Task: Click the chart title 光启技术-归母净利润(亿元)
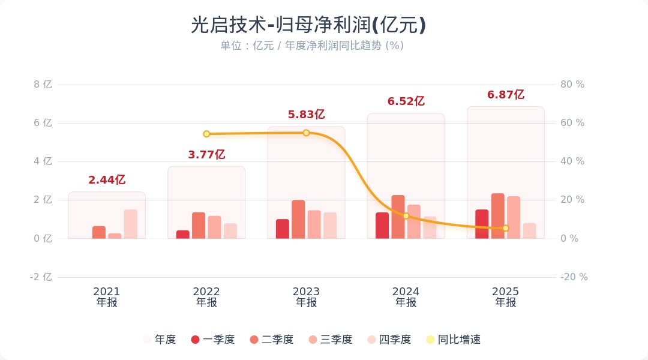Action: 308,25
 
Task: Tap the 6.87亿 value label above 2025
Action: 506,95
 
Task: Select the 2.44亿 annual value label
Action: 107,180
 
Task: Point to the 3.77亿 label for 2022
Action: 206,155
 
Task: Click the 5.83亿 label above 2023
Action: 306,115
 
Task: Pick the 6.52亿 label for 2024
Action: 406,101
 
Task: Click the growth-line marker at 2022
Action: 206,134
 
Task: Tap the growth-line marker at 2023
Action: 306,133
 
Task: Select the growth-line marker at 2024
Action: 406,215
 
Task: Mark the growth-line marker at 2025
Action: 506,228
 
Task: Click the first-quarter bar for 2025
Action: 482,224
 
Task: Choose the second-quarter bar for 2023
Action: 298,219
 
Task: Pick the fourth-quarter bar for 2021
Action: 130,224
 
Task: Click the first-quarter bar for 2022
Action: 183,234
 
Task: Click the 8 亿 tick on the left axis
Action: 43,85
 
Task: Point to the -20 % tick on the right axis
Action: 574,277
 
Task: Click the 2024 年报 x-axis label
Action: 406,297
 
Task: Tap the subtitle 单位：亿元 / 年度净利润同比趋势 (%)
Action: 311,46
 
